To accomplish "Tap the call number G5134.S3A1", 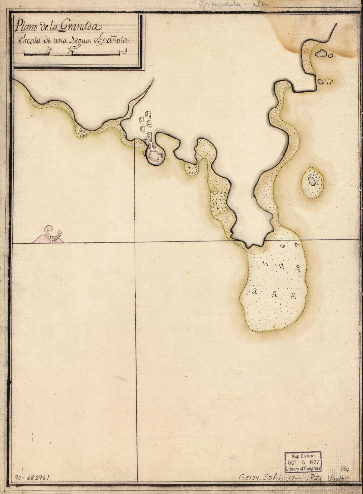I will click(261, 477).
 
